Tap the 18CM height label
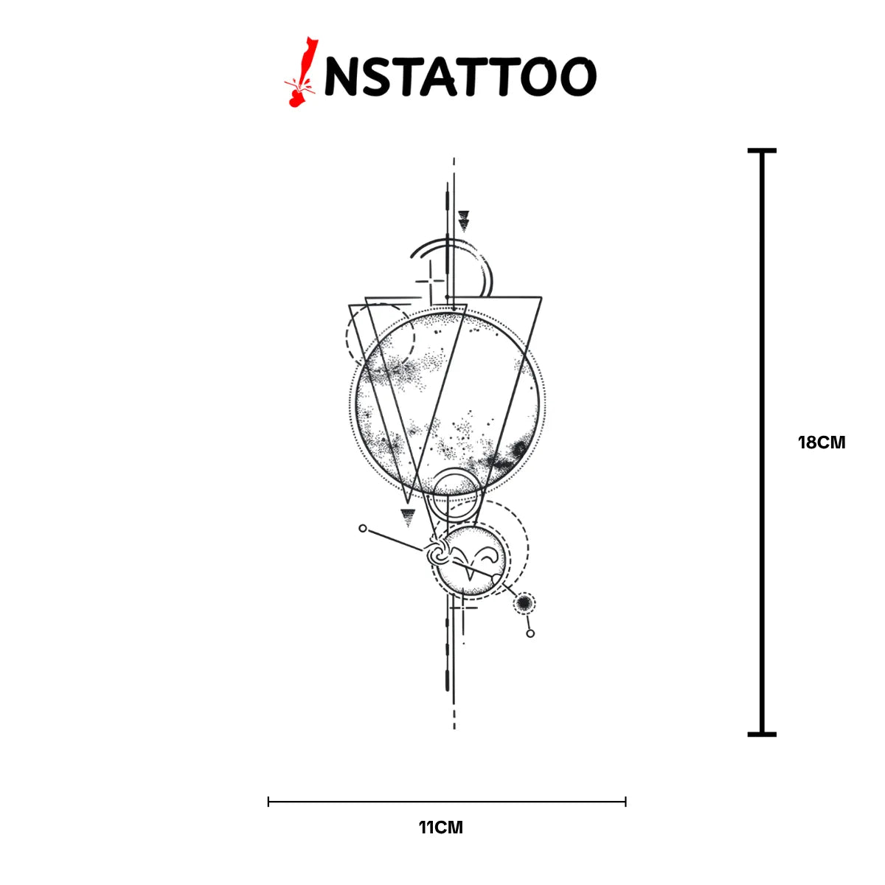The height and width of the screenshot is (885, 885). pyautogui.click(x=822, y=442)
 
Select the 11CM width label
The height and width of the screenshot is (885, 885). pyautogui.click(x=441, y=840)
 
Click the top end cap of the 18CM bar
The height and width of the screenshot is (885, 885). pyautogui.click(x=761, y=150)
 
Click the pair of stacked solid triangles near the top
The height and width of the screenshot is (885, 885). pyautogui.click(x=464, y=221)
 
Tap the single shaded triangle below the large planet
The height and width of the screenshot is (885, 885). pyautogui.click(x=408, y=517)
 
